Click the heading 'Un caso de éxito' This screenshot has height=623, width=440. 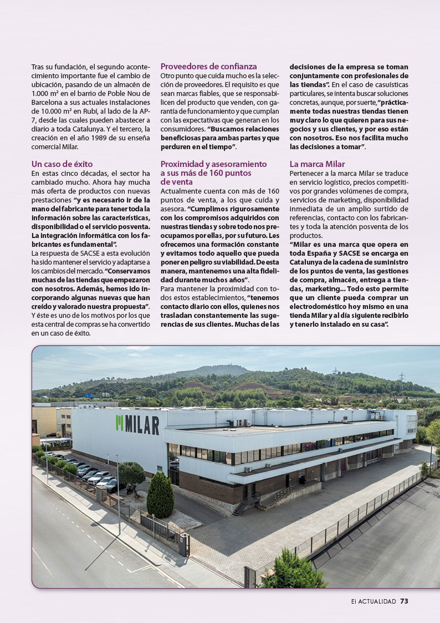[x=62, y=164]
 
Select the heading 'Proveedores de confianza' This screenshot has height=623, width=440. [x=208, y=65]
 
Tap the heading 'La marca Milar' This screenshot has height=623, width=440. [x=317, y=164]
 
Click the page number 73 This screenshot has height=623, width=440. [x=404, y=601]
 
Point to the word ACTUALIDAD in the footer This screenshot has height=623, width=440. [x=377, y=601]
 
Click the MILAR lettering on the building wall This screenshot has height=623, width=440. [x=141, y=426]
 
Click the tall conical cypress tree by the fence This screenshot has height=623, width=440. [x=160, y=495]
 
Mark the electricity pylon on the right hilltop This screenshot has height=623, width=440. [x=401, y=377]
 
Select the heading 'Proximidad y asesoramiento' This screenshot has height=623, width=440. [x=213, y=164]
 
